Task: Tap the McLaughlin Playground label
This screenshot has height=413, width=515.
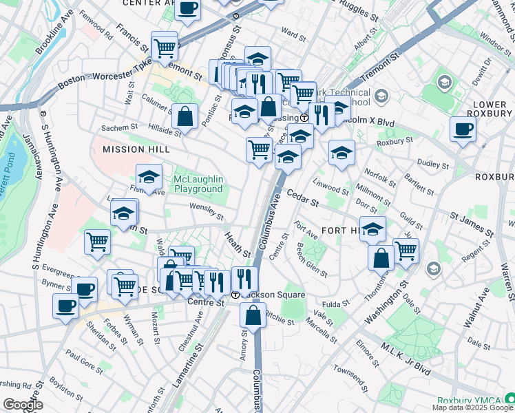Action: click(198, 184)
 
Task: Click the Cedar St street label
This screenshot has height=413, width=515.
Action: click(303, 200)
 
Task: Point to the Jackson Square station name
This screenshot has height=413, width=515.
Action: click(272, 295)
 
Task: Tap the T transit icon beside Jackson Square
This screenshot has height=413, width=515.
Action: click(235, 295)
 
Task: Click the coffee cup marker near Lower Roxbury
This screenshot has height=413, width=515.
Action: click(463, 129)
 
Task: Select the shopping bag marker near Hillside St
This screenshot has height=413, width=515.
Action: click(185, 116)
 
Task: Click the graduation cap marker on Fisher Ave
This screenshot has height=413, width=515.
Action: click(149, 178)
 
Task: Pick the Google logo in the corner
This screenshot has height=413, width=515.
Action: click(23, 405)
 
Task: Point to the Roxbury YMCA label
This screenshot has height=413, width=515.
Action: click(469, 399)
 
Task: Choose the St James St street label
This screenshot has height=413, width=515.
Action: click(472, 224)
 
